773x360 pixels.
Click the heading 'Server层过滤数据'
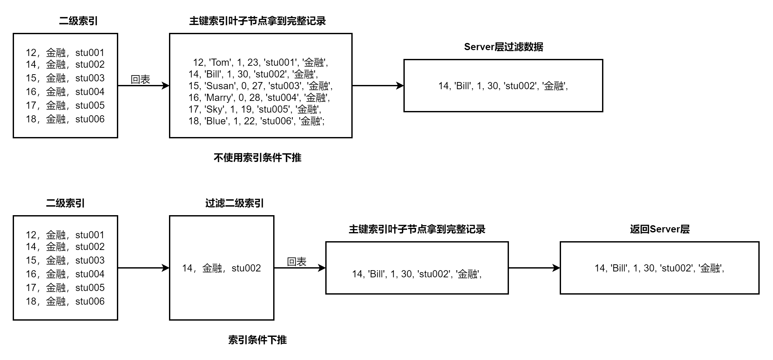(503, 47)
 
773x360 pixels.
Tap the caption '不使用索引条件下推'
(257, 158)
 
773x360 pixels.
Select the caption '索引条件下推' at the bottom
(257, 340)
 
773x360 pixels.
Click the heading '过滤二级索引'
(234, 203)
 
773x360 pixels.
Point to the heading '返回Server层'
(660, 229)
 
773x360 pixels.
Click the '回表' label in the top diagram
(140, 79)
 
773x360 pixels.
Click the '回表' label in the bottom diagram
(296, 261)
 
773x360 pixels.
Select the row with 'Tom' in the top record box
(260, 62)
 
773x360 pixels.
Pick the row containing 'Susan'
(260, 86)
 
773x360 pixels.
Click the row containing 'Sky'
(255, 109)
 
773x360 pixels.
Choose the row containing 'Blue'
(257, 121)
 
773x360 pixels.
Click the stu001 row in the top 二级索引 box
(65, 52)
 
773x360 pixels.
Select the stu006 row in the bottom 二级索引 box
(65, 301)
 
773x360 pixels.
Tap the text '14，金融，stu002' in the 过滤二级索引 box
(221, 268)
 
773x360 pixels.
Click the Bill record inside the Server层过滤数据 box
(503, 86)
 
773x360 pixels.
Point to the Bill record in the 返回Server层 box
(659, 268)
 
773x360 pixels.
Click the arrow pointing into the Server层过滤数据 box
(378, 86)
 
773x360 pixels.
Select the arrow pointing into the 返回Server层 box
(534, 268)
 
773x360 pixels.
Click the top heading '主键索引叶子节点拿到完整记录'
(257, 21)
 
